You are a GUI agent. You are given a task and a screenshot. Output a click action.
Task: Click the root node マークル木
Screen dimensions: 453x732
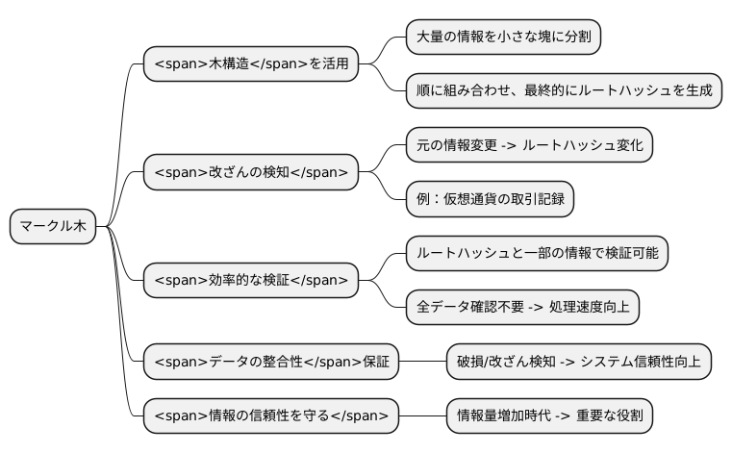tap(53, 227)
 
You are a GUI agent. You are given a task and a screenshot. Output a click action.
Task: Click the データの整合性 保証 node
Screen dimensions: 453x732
tap(272, 362)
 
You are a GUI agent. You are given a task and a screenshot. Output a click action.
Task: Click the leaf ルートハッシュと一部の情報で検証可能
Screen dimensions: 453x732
tap(537, 253)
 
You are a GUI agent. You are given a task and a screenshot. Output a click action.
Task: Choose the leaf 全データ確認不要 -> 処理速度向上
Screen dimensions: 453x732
tap(522, 308)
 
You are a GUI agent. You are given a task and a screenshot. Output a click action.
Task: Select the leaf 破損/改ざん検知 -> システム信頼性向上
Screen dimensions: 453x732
tap(579, 362)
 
